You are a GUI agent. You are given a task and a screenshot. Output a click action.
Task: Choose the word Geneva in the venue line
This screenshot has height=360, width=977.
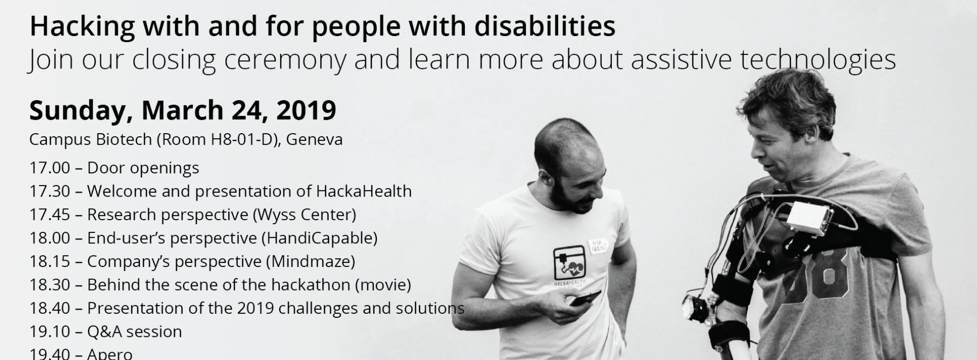point(314,139)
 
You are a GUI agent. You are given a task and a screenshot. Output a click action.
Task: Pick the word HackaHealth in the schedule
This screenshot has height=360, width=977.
point(364,191)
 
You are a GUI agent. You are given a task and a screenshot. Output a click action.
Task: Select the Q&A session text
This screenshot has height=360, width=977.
point(135,332)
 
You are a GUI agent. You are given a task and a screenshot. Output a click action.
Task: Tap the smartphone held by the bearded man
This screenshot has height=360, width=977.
point(585,298)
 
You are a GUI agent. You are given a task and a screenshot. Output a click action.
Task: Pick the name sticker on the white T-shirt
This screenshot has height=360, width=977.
point(598,245)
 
